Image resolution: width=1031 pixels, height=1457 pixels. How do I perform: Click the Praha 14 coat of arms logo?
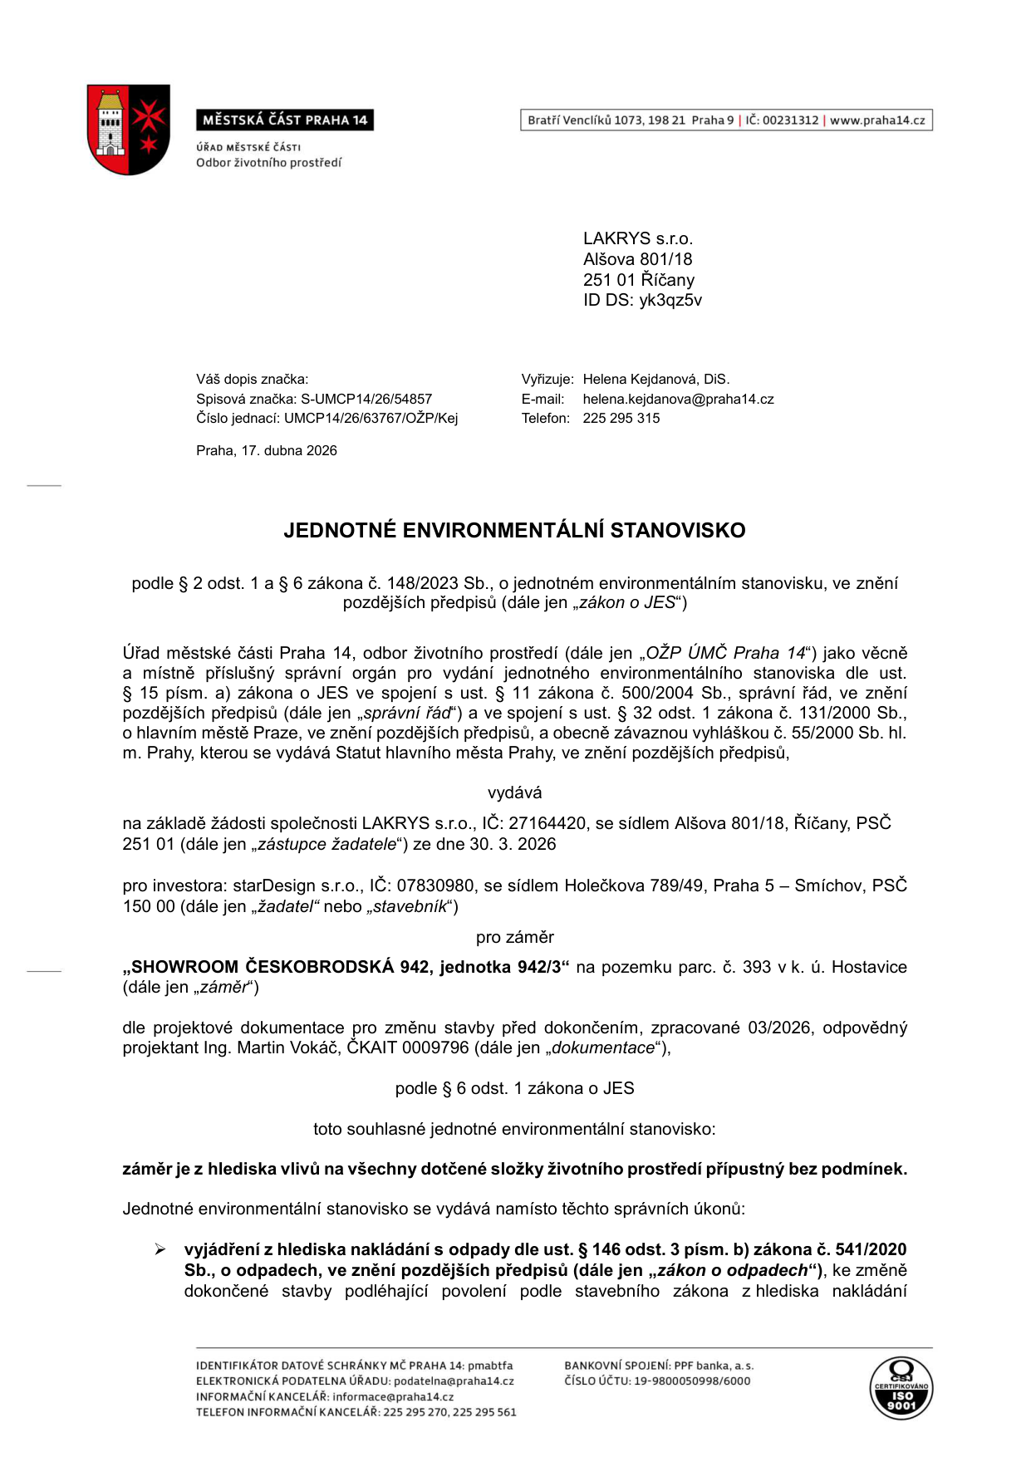pyautogui.click(x=128, y=129)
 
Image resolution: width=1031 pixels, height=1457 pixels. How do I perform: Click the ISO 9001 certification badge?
pyautogui.click(x=901, y=1389)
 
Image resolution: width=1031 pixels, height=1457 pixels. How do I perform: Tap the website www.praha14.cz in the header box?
pyautogui.click(x=877, y=120)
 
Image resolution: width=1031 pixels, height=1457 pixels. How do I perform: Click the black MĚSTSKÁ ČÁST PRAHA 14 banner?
pyautogui.click(x=285, y=120)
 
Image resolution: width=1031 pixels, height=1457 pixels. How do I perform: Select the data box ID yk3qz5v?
pyautogui.click(x=670, y=300)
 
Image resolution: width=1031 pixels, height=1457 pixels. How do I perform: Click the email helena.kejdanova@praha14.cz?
pyautogui.click(x=678, y=399)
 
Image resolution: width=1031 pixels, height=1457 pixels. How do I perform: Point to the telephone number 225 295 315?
pyautogui.click(x=621, y=418)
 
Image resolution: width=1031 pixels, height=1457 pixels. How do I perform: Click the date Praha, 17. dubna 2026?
pyautogui.click(x=267, y=450)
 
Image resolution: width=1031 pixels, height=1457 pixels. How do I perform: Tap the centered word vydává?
pyautogui.click(x=514, y=792)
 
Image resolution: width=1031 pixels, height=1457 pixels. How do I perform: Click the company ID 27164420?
pyautogui.click(x=547, y=823)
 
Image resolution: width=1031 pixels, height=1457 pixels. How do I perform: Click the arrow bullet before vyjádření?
pyautogui.click(x=160, y=1249)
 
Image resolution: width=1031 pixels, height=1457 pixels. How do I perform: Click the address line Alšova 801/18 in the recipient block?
pyautogui.click(x=637, y=259)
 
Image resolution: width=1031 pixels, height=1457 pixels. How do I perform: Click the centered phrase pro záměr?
pyautogui.click(x=514, y=937)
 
